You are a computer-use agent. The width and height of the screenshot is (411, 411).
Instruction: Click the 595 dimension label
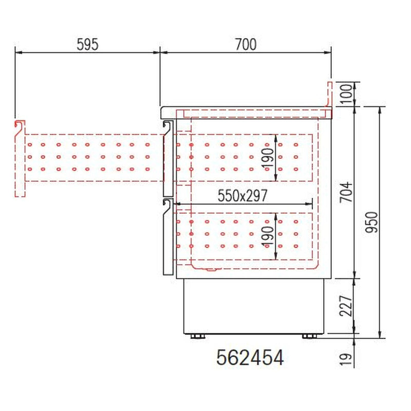(87, 44)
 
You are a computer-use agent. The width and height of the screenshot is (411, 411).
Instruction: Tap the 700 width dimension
(246, 44)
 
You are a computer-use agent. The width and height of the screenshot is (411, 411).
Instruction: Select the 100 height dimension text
(347, 94)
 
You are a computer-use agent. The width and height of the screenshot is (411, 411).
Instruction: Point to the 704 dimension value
(346, 192)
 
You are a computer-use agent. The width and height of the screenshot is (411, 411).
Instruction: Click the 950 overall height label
(371, 222)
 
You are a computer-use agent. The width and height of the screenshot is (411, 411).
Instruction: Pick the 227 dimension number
(346, 306)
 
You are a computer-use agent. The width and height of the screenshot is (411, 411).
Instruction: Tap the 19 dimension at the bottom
(345, 359)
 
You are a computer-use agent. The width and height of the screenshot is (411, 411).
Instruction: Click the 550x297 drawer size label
(242, 196)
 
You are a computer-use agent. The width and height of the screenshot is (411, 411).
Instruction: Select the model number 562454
(250, 358)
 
